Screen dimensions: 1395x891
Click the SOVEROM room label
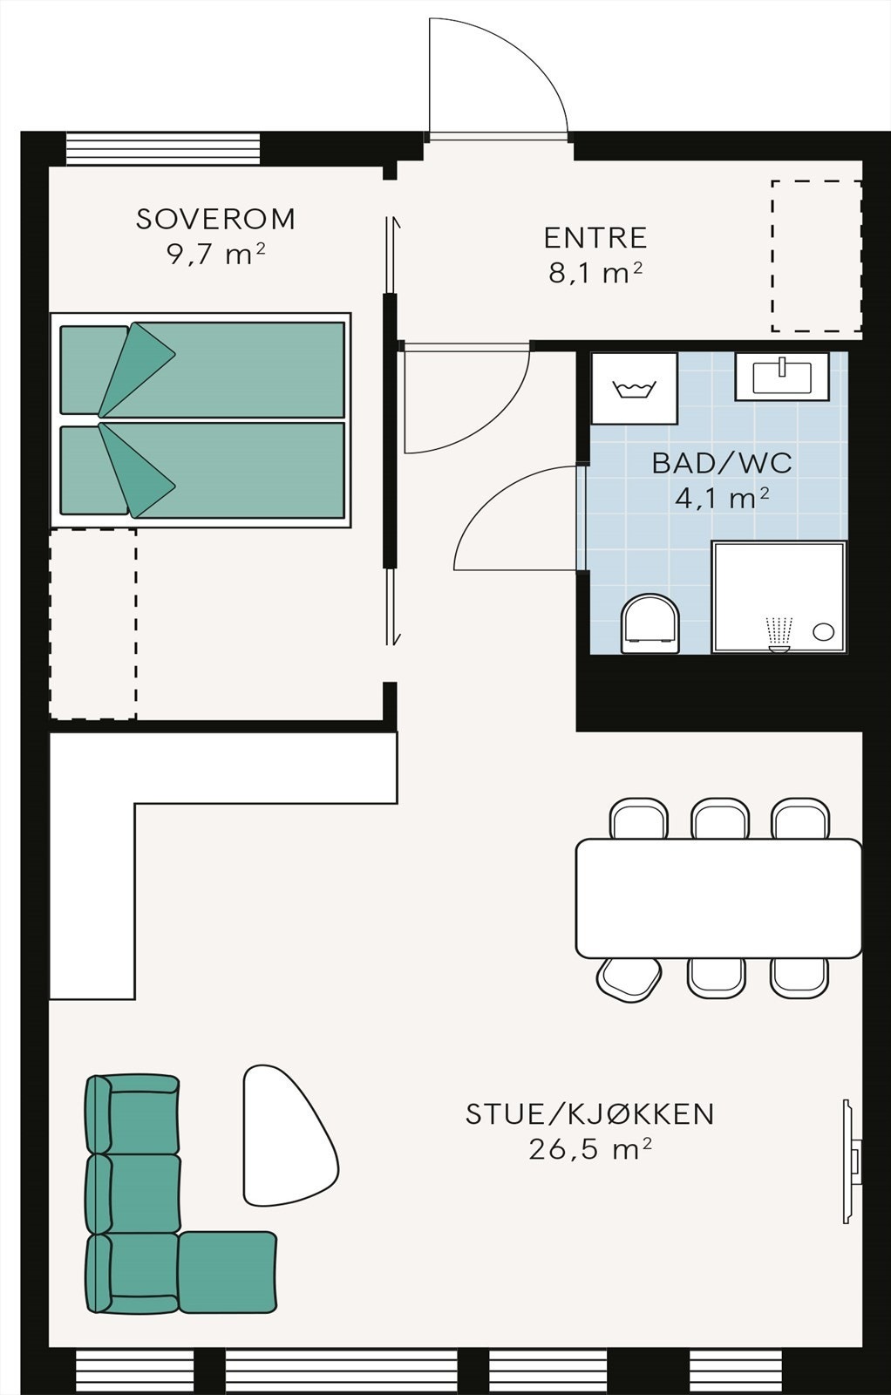[x=215, y=219]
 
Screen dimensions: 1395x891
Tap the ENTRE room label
[x=595, y=238]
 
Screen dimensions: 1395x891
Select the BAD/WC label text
[x=722, y=463]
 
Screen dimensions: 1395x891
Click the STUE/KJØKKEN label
[x=589, y=1114]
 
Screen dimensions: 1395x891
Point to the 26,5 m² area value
[x=589, y=1150]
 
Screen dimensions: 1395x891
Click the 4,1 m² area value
[x=722, y=499]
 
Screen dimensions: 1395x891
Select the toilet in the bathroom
[x=650, y=623]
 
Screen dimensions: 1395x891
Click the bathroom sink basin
[x=782, y=377]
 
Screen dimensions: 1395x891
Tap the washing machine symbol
[x=634, y=389]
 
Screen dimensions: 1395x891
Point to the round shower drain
[x=823, y=632]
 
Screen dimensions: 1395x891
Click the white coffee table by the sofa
[x=284, y=1133]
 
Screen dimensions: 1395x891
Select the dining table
[x=718, y=898]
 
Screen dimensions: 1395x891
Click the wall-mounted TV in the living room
[x=851, y=1160]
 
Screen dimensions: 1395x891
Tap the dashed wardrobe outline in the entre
[x=816, y=256]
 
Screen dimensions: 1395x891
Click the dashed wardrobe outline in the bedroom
[x=92, y=623]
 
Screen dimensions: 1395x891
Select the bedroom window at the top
[x=163, y=148]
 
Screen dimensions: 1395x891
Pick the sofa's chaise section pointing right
[x=228, y=1272]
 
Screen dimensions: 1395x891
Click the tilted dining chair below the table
[x=629, y=980]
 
